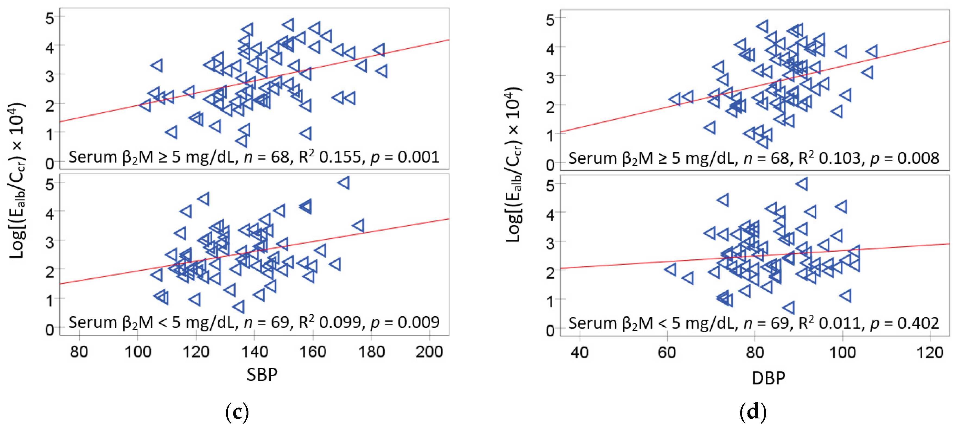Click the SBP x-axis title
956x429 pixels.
[x=262, y=374]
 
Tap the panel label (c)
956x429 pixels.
[x=237, y=412]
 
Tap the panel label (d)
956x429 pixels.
[x=753, y=412]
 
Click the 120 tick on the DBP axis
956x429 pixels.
[x=930, y=352]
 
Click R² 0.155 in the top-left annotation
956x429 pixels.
[x=329, y=157]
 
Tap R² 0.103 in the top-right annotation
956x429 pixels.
[x=829, y=158]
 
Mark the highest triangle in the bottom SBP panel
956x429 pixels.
[x=344, y=183]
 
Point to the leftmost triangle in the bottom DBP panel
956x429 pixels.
[x=671, y=269]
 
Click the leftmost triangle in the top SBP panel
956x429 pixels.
[x=145, y=105]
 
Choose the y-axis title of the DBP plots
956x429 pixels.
[x=514, y=165]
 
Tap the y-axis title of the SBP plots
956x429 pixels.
[x=17, y=181]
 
